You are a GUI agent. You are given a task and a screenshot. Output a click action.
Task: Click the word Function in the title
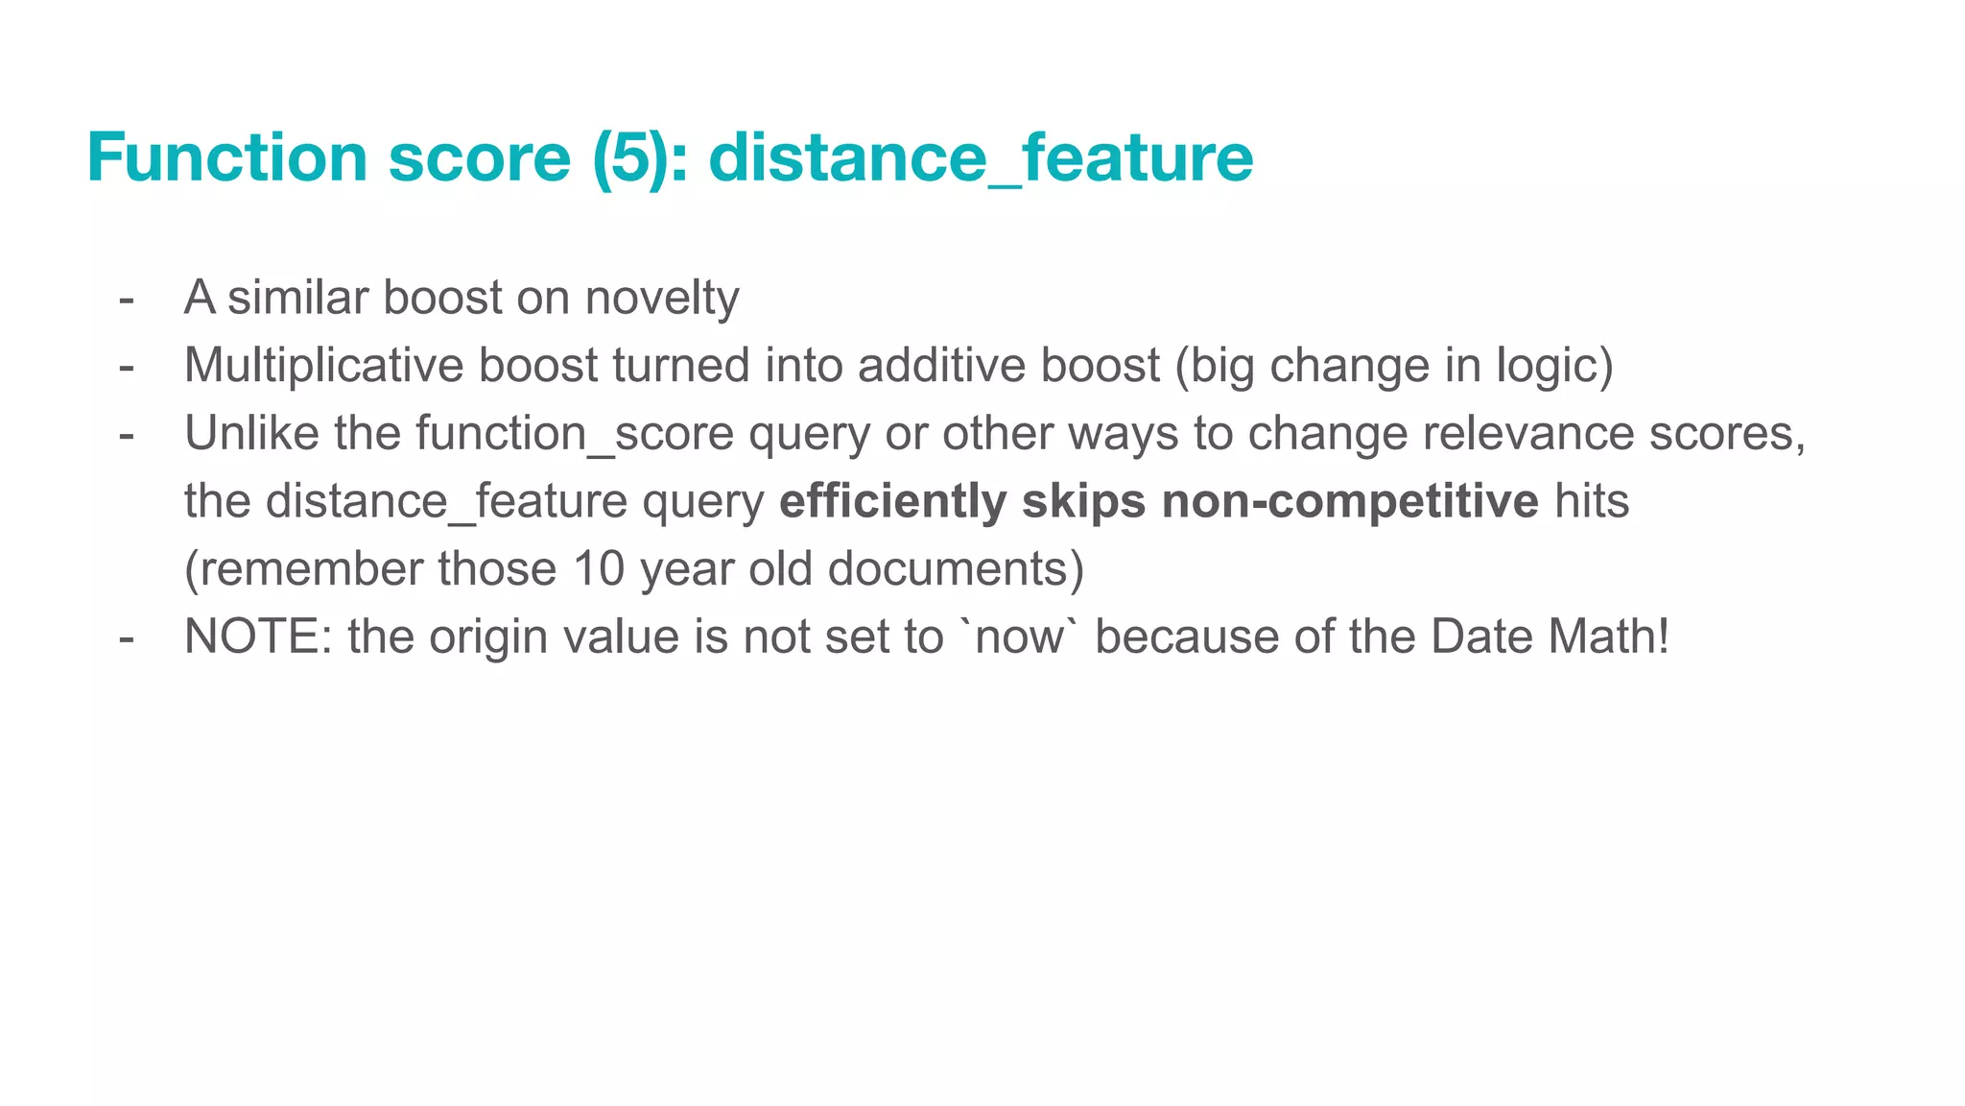tap(227, 157)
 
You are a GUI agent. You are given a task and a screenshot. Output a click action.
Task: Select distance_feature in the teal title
tap(981, 157)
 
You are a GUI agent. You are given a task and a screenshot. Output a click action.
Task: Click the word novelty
tap(662, 298)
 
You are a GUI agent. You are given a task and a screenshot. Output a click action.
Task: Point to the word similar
tap(297, 298)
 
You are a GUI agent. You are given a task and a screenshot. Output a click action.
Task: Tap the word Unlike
tap(251, 434)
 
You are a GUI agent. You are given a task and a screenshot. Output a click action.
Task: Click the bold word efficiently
tap(892, 502)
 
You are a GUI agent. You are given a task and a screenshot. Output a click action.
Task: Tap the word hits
tap(1592, 502)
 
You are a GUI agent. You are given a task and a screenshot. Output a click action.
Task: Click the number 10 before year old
tap(599, 569)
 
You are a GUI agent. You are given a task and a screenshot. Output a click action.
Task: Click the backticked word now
tap(1019, 637)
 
